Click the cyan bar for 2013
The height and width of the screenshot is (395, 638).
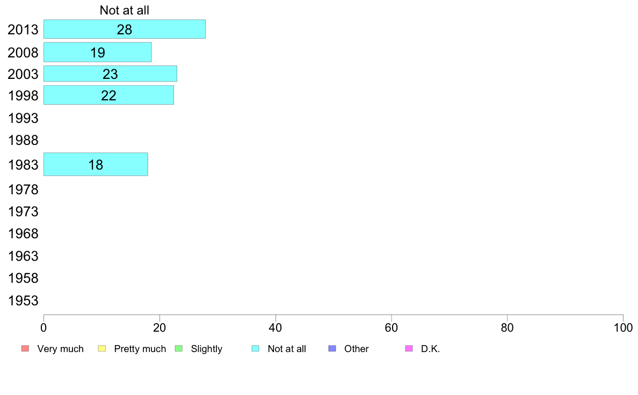coord(124,29)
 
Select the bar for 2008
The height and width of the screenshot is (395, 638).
coord(97,52)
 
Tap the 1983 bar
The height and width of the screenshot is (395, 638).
coord(96,164)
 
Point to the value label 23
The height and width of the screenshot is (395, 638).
coord(110,74)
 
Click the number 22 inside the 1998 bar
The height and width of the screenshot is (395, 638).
coord(108,96)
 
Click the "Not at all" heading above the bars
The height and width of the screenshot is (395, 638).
coord(124,10)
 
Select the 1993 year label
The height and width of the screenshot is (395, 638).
coord(23,118)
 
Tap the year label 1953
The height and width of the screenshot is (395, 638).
coord(23,301)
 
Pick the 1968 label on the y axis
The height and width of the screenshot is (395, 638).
coord(23,234)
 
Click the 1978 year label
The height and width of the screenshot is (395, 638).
coord(23,189)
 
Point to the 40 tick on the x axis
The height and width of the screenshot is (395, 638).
coord(275,327)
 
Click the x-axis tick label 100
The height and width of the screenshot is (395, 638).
coord(623,327)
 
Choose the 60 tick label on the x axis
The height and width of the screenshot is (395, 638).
coord(392,327)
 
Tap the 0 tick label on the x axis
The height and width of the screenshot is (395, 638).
coord(44,327)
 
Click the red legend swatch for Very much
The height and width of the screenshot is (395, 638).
coord(25,349)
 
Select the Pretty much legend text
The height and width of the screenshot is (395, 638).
coord(140,349)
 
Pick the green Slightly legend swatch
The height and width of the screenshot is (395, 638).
coord(179,349)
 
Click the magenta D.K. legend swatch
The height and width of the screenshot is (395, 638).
coord(409,349)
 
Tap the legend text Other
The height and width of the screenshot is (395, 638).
coord(357,349)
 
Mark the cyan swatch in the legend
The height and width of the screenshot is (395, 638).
coord(256,349)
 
